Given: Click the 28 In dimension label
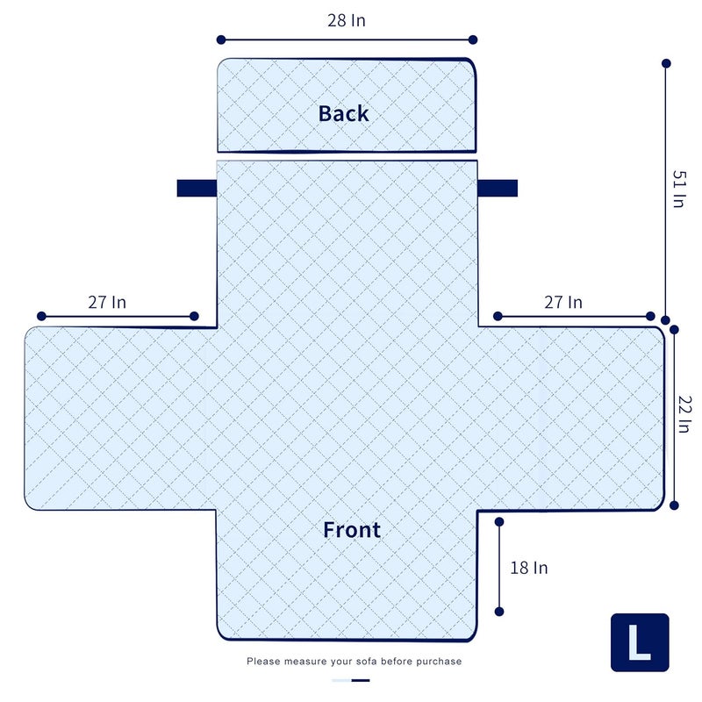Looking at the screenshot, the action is [347, 20].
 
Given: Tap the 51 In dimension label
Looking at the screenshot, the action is [679, 189].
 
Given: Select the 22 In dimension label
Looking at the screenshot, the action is [684, 414].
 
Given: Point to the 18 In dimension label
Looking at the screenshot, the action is [529, 568].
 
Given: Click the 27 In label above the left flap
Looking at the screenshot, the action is [107, 302].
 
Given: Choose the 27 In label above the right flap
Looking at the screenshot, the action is [563, 302].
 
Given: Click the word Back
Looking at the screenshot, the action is [343, 113].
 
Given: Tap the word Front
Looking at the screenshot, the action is [352, 530].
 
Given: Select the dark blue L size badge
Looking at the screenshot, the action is [640, 642].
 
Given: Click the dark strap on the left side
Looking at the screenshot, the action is [197, 188].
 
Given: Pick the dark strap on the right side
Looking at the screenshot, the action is [498, 188].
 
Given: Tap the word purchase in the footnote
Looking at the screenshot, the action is [439, 662].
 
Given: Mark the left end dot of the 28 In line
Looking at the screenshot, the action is [221, 39].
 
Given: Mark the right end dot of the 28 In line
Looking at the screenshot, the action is [473, 39].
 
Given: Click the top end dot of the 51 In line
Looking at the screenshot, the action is [666, 63].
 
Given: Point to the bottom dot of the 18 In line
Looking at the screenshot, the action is [499, 612].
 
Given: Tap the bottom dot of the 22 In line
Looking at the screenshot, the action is [674, 505].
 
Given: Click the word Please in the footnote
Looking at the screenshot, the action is [263, 662].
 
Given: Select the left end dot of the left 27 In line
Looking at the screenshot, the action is [41, 317].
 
